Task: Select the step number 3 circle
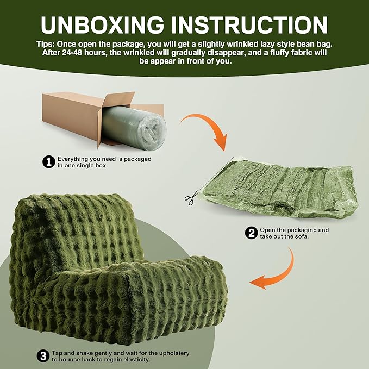click(42, 357)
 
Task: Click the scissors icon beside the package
click(189, 199)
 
